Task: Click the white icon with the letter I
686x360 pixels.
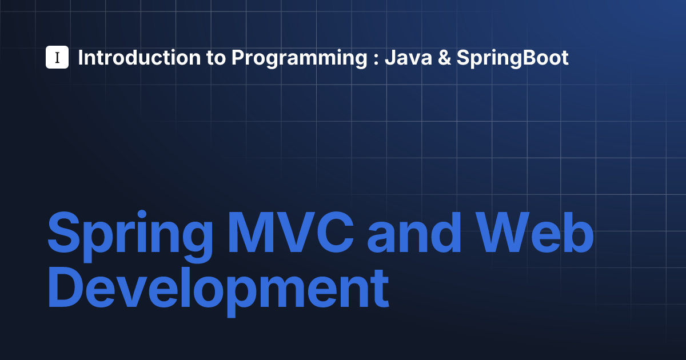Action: pos(57,57)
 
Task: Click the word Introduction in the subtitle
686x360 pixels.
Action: pos(139,58)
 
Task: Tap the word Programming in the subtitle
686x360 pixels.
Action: pos(299,58)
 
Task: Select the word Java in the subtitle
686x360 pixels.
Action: pos(409,58)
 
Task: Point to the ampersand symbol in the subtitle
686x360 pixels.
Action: pos(444,58)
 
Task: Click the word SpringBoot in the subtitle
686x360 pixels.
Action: pos(513,58)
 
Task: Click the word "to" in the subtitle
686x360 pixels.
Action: pos(216,58)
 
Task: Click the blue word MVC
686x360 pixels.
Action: pos(290,232)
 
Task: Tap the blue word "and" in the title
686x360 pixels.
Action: pos(414,232)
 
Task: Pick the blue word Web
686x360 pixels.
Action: pos(535,232)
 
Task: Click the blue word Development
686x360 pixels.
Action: pos(218,291)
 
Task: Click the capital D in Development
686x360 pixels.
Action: pos(66,286)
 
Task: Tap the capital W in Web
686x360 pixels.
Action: pos(503,232)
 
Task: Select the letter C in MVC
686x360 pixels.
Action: pos(336,232)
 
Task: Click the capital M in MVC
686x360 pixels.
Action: pos(250,232)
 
